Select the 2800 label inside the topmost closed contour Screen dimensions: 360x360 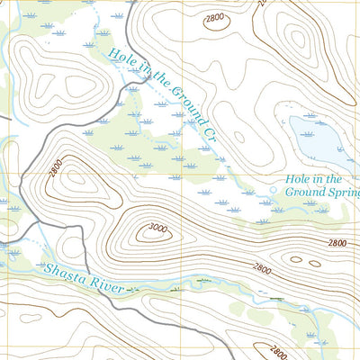tap(216, 18)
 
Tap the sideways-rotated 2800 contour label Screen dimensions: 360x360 tap(57, 166)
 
